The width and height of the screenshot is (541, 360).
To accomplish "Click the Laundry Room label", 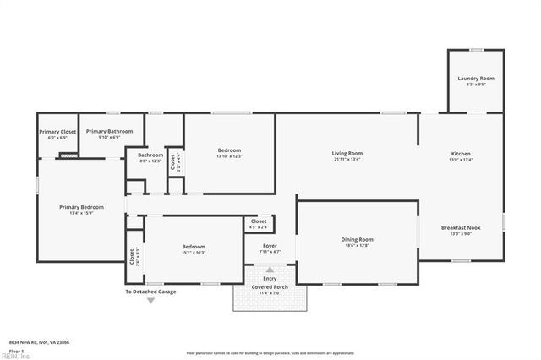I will coord(476,79).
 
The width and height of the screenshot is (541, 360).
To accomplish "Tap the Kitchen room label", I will coord(461,153).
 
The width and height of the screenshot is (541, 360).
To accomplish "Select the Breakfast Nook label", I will coord(461,227).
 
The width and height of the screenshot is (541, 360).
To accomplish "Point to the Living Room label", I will coord(347,153).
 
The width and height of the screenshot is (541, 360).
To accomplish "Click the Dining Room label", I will coord(357,239).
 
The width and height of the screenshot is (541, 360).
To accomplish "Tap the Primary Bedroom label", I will coord(81,207).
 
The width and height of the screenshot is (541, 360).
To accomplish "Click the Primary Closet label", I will coord(57,132).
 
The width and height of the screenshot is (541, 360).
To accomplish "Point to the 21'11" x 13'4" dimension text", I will coord(347,159).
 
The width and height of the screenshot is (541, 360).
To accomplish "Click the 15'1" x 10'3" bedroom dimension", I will coord(194,253).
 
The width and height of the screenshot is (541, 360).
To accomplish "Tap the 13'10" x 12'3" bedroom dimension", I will coord(229,156).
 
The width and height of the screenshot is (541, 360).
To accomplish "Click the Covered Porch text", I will coord(270,286).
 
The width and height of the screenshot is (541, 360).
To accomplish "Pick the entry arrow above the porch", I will coord(270,270).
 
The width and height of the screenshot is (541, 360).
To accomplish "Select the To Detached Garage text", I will coord(150,292).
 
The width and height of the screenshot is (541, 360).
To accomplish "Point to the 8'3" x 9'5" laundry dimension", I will coord(476,85).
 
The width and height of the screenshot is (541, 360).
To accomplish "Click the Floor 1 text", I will coord(16,350).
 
